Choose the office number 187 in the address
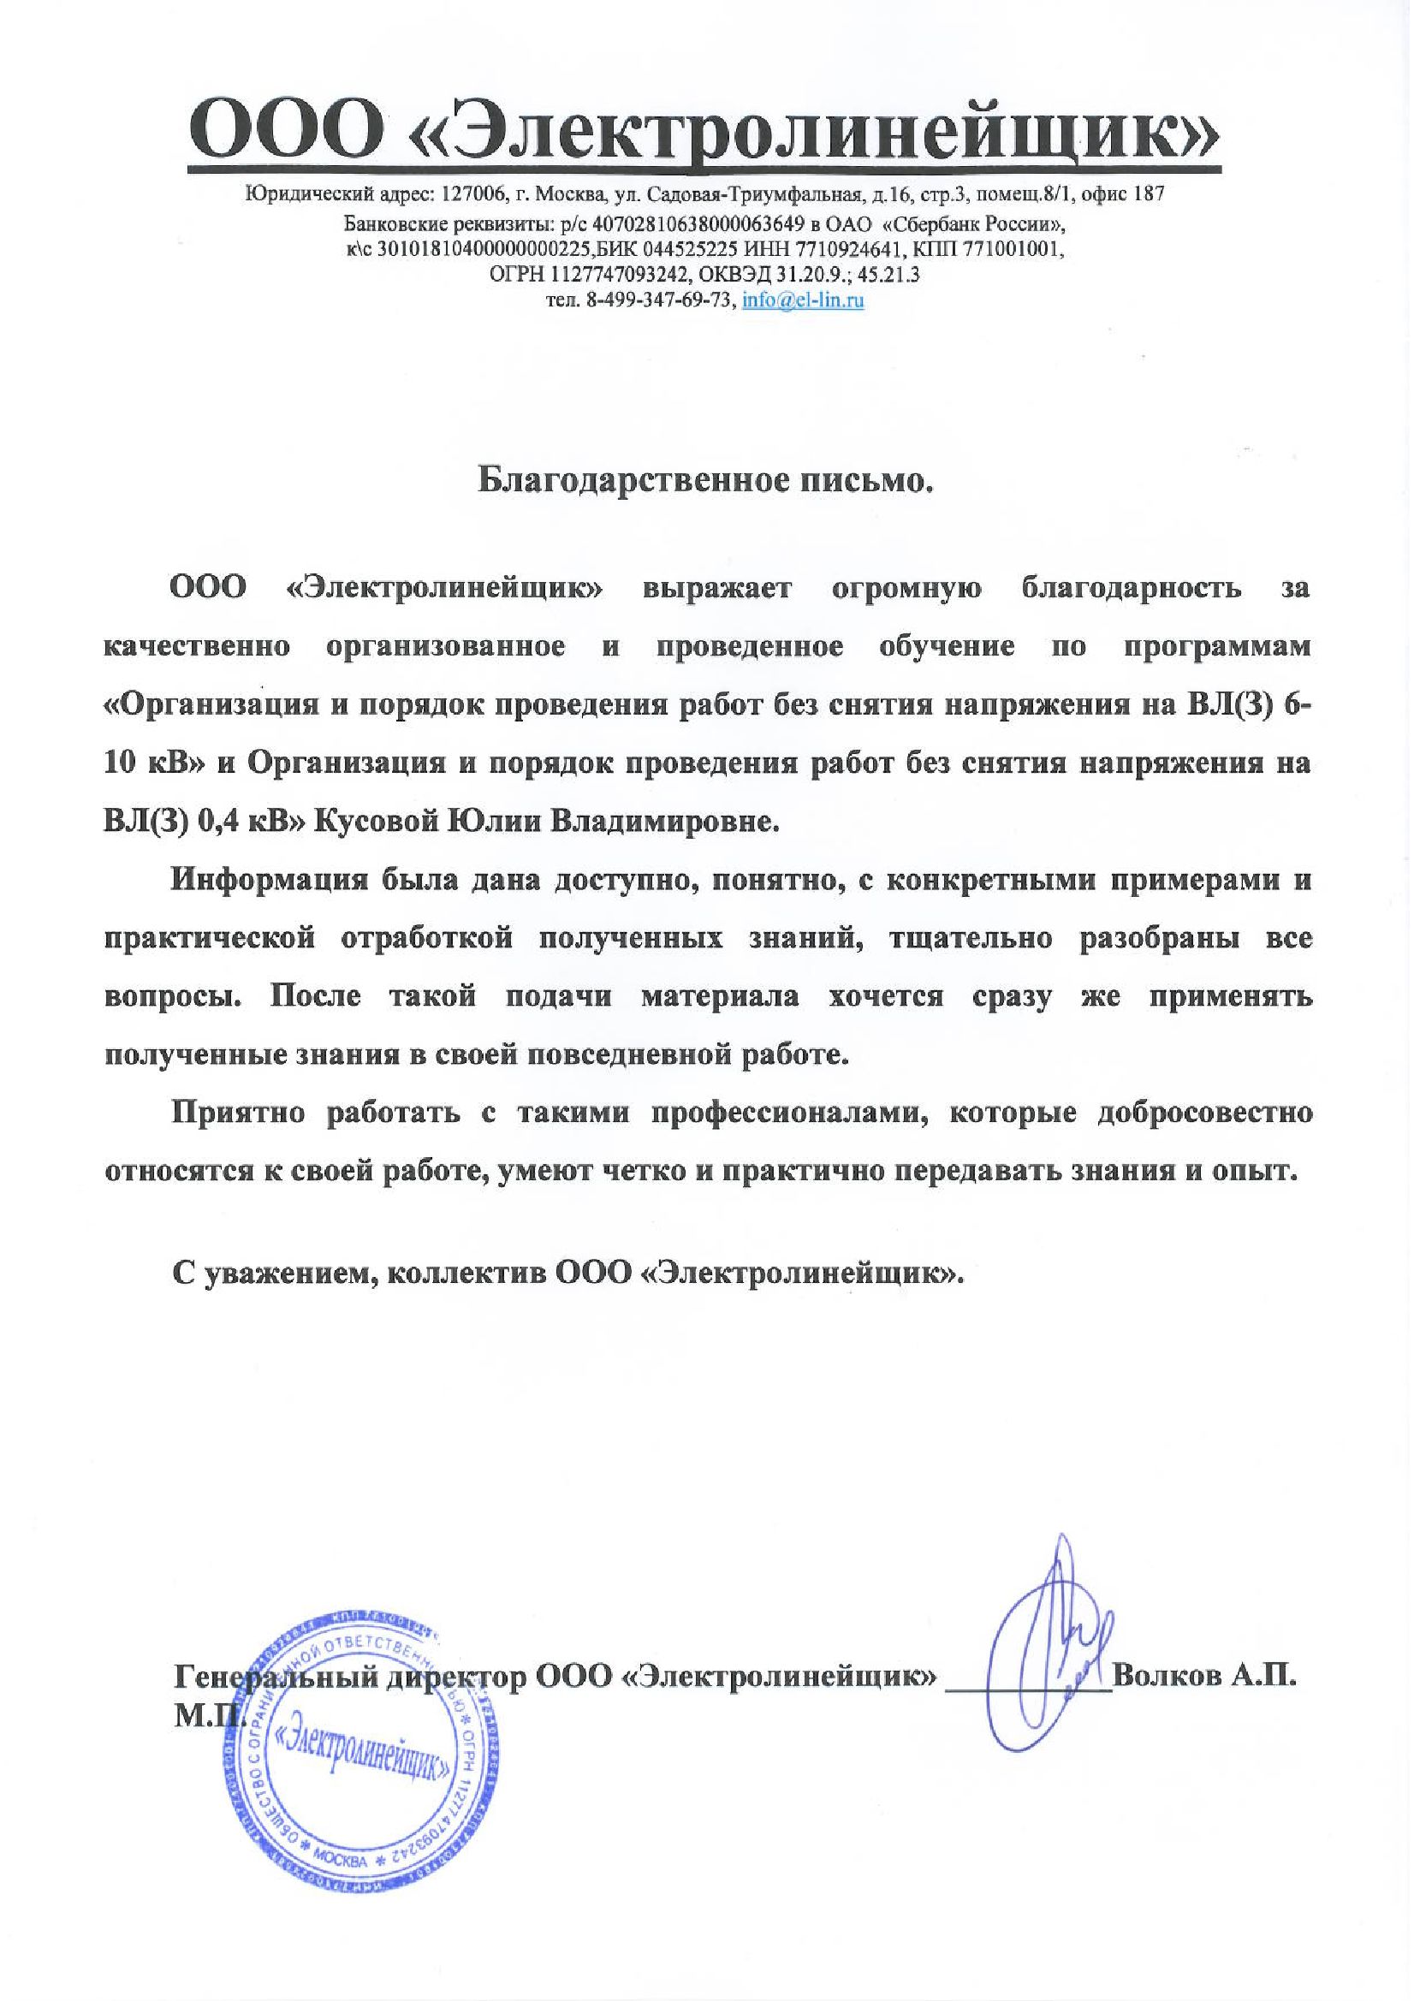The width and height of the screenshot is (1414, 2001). pos(1148,194)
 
